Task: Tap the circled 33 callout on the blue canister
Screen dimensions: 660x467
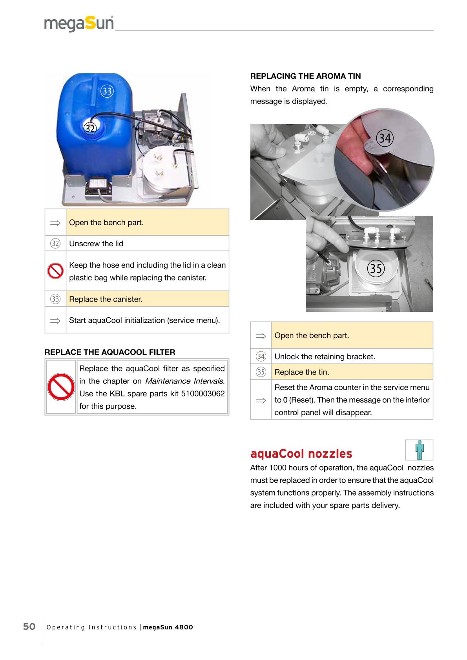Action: click(x=107, y=91)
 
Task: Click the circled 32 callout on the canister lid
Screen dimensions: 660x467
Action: click(x=90, y=128)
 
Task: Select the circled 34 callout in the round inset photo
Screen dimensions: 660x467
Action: click(x=385, y=138)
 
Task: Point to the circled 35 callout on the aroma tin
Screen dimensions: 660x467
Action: click(x=376, y=269)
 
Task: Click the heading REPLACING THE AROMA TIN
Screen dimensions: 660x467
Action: click(x=305, y=76)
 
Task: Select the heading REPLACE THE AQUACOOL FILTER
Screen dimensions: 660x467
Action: click(x=110, y=352)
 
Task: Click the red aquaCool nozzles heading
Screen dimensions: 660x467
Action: click(x=301, y=454)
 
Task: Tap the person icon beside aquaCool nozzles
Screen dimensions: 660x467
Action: click(x=419, y=450)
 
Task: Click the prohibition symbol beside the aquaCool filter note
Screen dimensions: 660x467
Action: click(x=61, y=387)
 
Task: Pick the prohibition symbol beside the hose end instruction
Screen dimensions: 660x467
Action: click(x=55, y=271)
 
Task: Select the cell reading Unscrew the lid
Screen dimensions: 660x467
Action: click(x=96, y=244)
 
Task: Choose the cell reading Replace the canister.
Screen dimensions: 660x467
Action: click(x=106, y=299)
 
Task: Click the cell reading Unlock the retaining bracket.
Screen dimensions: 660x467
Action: click(x=325, y=356)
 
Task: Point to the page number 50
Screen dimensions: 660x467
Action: click(x=29, y=627)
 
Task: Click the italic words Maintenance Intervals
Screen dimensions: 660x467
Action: click(x=184, y=381)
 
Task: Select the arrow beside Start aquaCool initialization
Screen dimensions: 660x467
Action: click(x=55, y=321)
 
